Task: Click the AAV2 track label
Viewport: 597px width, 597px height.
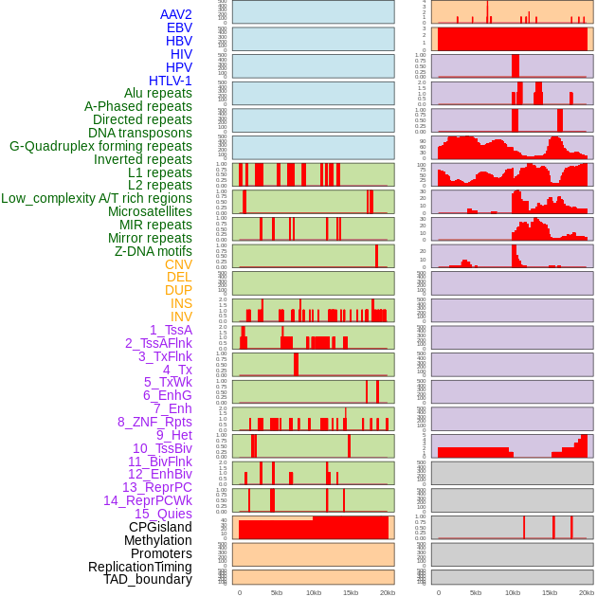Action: tap(176, 14)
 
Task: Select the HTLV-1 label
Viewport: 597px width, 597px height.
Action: tap(171, 81)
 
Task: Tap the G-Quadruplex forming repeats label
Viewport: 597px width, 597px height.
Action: tap(100, 146)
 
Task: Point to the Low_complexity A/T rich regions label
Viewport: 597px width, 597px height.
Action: tap(97, 198)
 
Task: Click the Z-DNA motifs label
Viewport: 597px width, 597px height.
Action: tap(154, 251)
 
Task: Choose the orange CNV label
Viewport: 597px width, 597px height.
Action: tap(178, 264)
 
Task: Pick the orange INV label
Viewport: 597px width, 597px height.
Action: tap(181, 317)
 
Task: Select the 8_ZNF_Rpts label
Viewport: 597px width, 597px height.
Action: tap(154, 422)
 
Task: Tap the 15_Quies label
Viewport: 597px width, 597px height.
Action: tap(163, 514)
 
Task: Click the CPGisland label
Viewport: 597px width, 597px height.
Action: tap(160, 527)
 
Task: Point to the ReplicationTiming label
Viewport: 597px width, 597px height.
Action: tap(139, 567)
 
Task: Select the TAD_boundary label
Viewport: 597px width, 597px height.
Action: tap(148, 579)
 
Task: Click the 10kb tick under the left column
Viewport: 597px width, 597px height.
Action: tap(314, 592)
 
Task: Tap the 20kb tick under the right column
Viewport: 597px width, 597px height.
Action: tap(587, 592)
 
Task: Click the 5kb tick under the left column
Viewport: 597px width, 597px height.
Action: tap(277, 592)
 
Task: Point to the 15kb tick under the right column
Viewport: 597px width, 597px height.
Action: tap(550, 592)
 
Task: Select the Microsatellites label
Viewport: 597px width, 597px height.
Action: tap(150, 211)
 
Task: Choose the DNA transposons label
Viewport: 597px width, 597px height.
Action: tap(140, 133)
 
